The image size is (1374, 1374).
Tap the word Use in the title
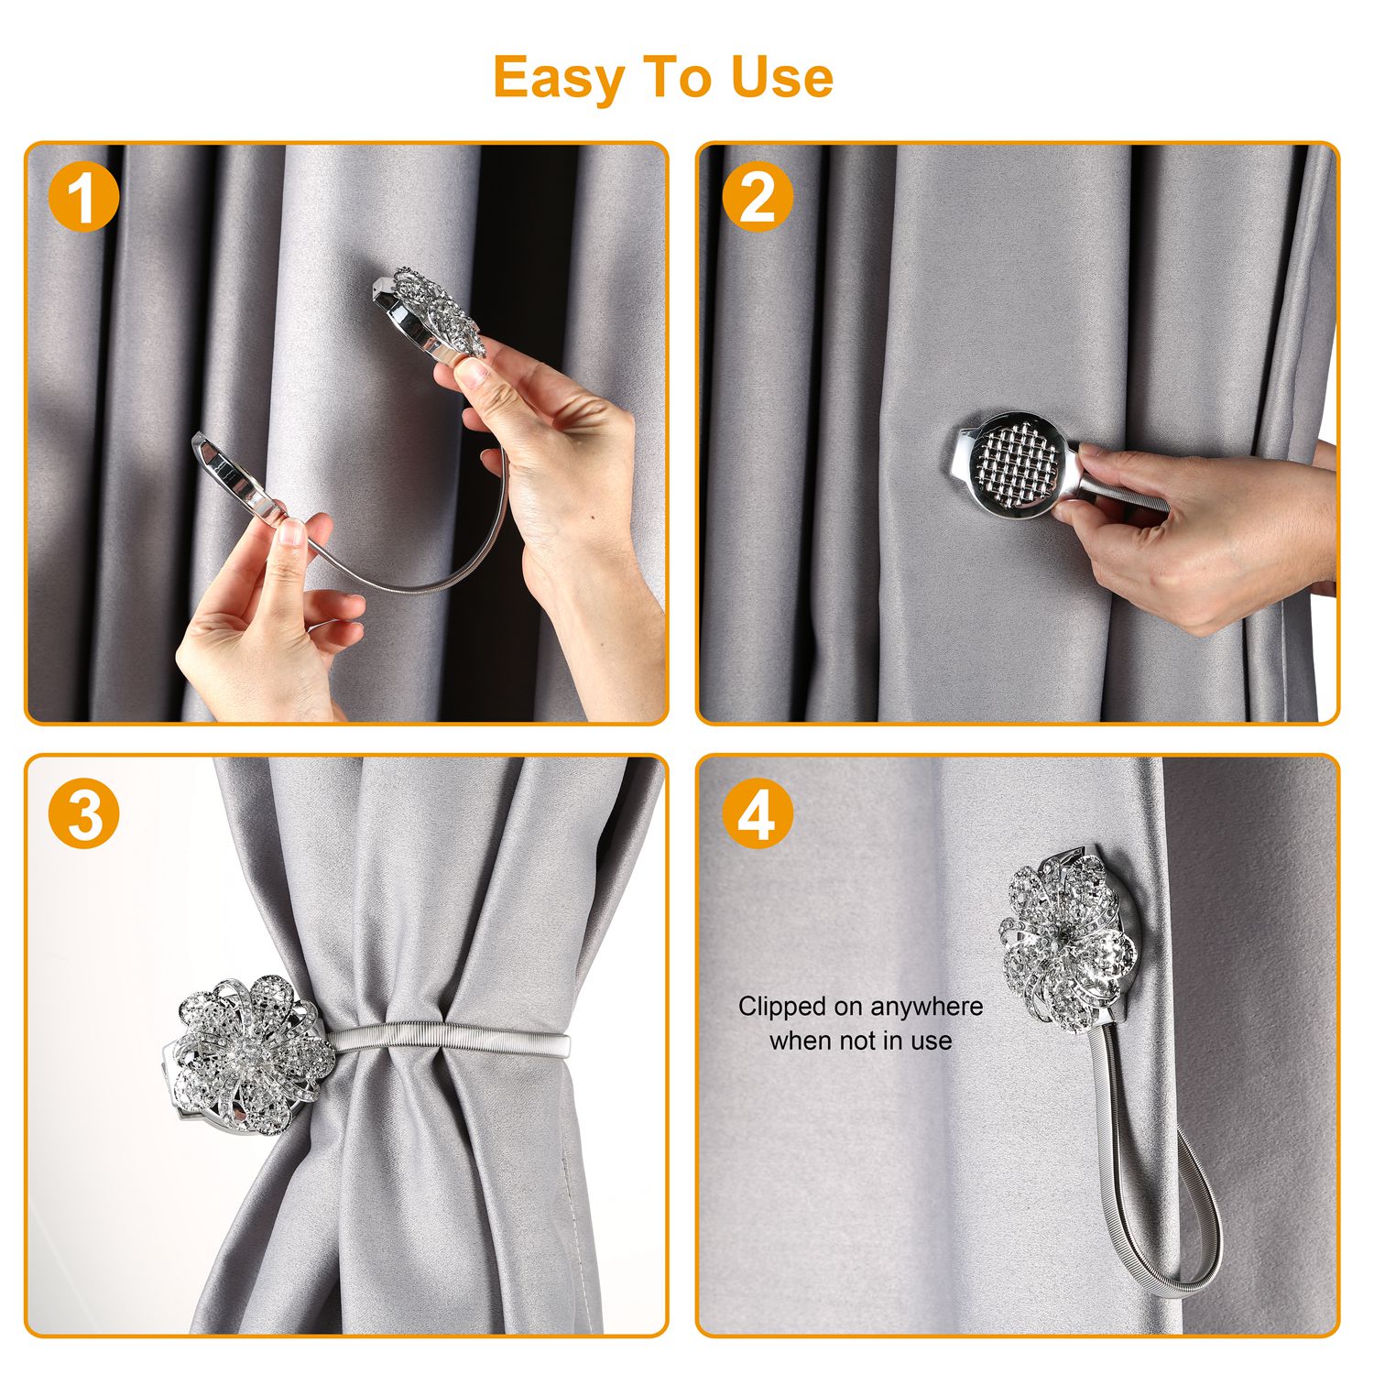pyautogui.click(x=781, y=77)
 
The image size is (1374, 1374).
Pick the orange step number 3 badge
pyautogui.click(x=83, y=813)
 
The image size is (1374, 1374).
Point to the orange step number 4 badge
pyautogui.click(x=757, y=813)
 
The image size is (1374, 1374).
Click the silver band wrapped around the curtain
pyautogui.click(x=449, y=1039)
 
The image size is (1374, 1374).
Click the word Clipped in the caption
pyautogui.click(x=781, y=1007)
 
